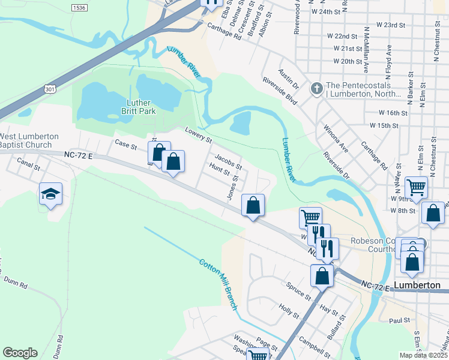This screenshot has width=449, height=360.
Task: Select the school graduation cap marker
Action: pos(51,194)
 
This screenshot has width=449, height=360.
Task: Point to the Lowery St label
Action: pos(199,135)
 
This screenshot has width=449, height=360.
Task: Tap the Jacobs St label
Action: pos(228,163)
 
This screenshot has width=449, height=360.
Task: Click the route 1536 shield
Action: pos(79,8)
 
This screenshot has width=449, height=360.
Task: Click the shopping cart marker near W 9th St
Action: pos(416,188)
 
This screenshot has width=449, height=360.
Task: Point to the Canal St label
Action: pos(28,162)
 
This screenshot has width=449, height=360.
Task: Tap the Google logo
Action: pos(20,353)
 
